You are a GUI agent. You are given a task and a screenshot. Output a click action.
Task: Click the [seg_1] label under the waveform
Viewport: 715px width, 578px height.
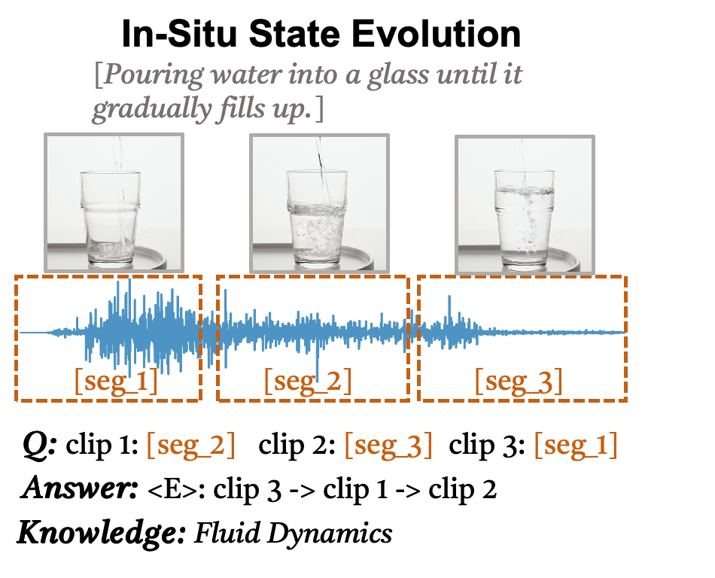pyautogui.click(x=116, y=382)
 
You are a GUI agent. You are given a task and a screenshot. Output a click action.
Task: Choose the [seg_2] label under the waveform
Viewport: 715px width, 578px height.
pyautogui.click(x=308, y=382)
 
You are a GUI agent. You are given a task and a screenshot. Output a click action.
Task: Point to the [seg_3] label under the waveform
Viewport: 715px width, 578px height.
pyautogui.click(x=519, y=382)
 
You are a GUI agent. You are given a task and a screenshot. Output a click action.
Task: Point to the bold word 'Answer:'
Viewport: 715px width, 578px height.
pyautogui.click(x=79, y=489)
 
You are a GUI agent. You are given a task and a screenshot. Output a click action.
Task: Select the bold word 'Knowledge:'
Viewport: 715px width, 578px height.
pyautogui.click(x=101, y=533)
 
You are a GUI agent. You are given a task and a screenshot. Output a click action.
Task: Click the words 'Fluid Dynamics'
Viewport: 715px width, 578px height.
pyautogui.click(x=294, y=533)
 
